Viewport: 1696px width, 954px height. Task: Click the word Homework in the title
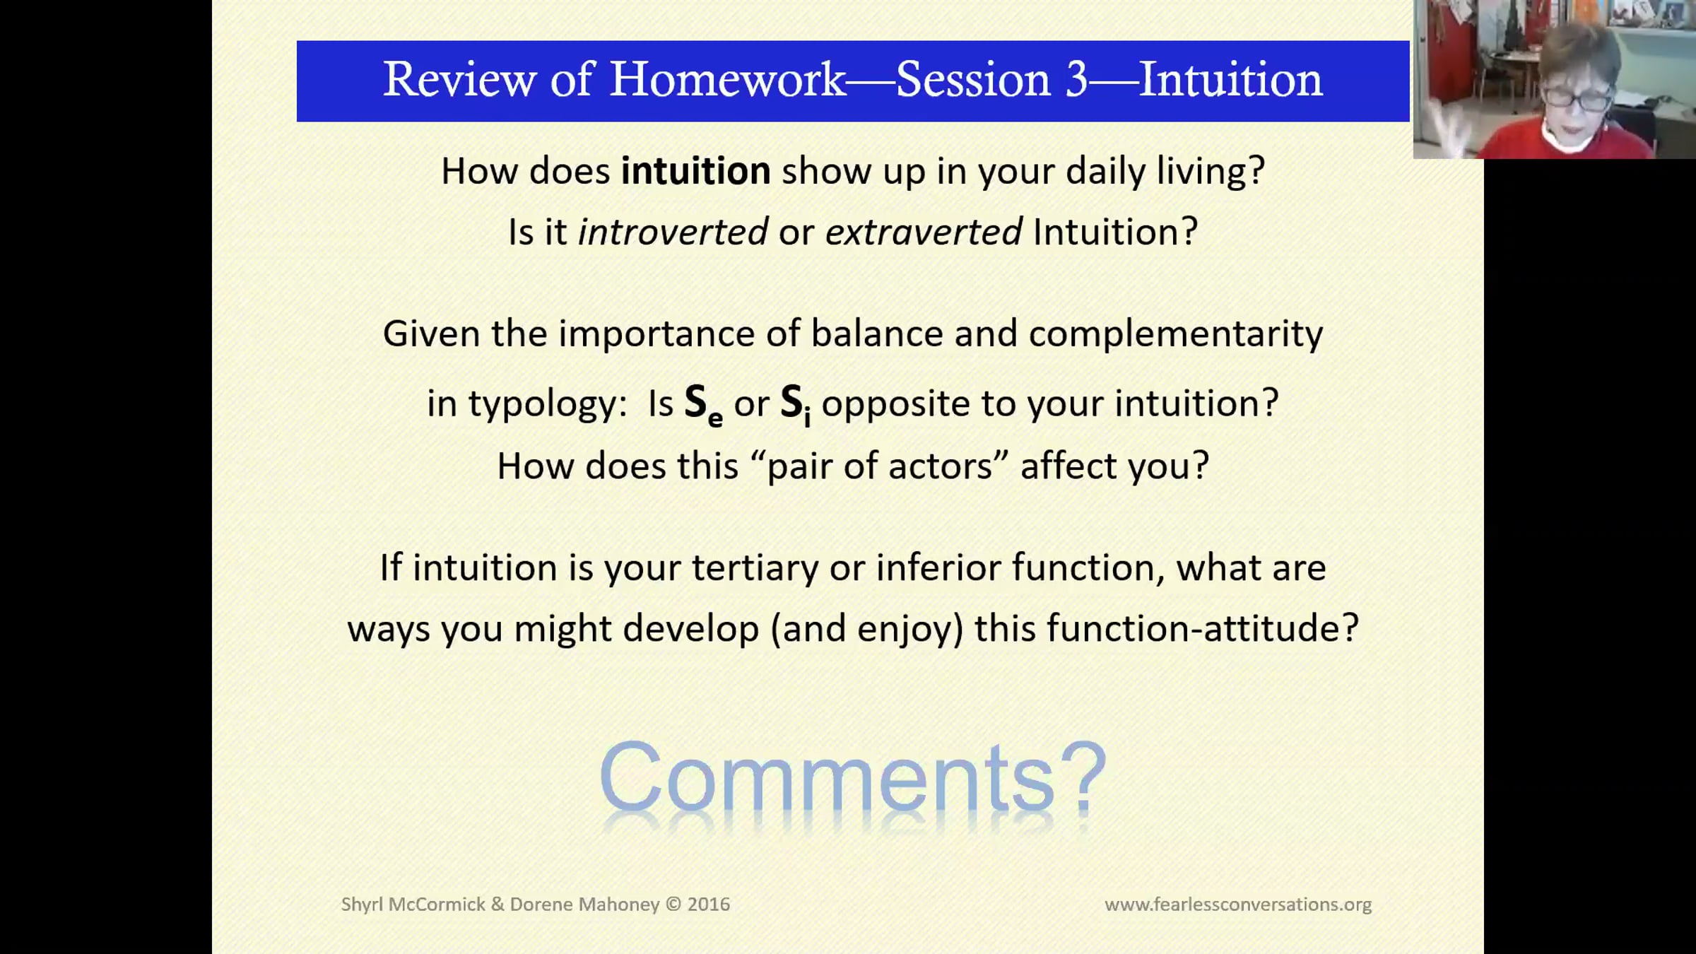tap(727, 79)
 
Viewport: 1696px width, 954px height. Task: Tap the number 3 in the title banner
tap(1076, 79)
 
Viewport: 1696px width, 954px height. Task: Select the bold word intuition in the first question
tap(695, 171)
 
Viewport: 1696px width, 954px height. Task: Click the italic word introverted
tap(673, 232)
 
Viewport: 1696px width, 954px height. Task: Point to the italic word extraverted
tap(924, 232)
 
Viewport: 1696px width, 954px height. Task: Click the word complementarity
tap(1175, 334)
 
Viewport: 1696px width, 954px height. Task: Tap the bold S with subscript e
tap(703, 406)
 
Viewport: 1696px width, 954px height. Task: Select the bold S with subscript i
tap(796, 406)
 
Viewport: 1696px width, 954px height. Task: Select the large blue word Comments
tap(828, 777)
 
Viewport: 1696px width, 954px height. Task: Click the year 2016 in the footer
tap(709, 905)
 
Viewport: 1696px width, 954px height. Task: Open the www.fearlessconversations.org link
tap(1238, 905)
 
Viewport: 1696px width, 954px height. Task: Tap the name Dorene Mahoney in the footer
tap(584, 905)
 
